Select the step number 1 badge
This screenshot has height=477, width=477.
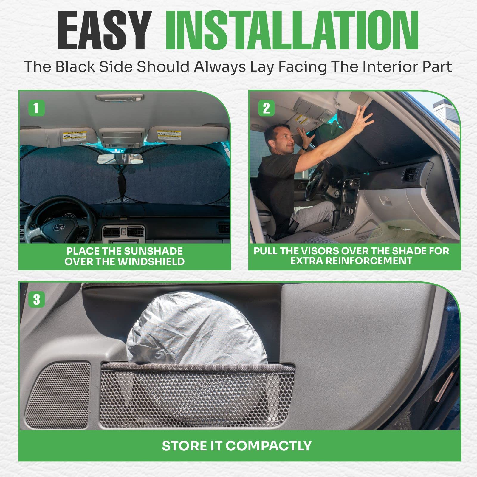click(36, 108)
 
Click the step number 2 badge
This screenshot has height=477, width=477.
click(266, 108)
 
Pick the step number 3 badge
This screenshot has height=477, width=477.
click(36, 299)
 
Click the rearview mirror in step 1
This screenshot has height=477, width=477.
click(120, 159)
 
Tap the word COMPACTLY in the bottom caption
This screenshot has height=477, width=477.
click(268, 446)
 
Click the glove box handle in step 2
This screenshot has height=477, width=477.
click(386, 202)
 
